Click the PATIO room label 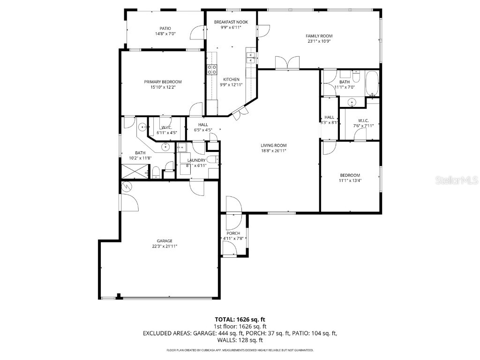click(x=165, y=28)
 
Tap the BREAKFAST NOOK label click(x=231, y=22)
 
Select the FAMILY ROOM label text click(x=319, y=36)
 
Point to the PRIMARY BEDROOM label click(x=163, y=82)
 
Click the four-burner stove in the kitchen click(x=212, y=69)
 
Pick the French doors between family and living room click(x=287, y=63)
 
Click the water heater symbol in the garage click(x=126, y=187)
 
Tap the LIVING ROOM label click(x=273, y=145)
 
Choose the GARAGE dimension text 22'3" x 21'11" click(x=165, y=246)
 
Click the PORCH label click(x=233, y=233)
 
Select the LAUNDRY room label click(x=196, y=160)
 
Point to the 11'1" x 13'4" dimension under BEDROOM click(x=350, y=180)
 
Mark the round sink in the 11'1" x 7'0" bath click(x=351, y=102)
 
